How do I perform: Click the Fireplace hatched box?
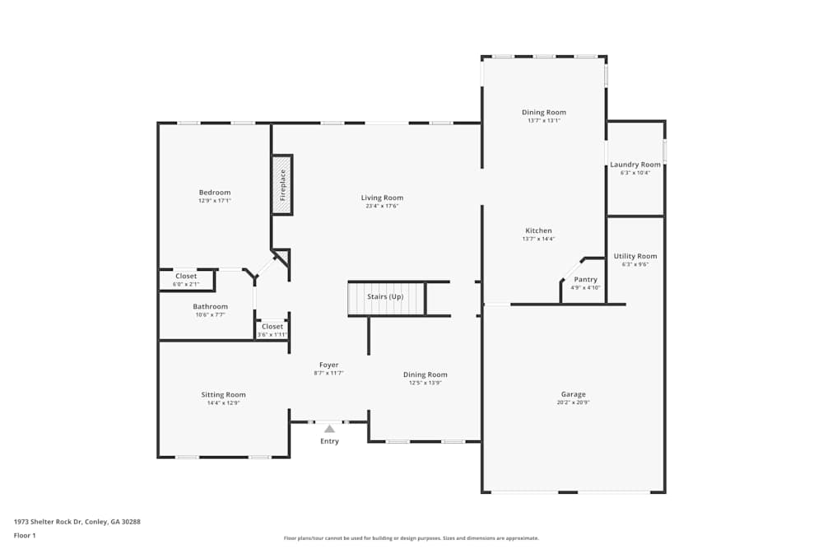[281, 184]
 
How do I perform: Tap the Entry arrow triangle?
[330, 429]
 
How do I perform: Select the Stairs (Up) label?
[385, 296]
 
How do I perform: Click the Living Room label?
[382, 198]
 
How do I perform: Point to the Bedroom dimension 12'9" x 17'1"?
[215, 201]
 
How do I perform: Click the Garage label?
[573, 394]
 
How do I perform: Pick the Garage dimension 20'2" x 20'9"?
[573, 402]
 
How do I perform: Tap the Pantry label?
[586, 280]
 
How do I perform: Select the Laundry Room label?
[635, 165]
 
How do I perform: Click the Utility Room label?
[635, 256]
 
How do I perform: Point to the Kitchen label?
[538, 230]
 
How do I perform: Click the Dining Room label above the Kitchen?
[544, 112]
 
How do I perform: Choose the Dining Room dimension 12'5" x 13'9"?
[425, 383]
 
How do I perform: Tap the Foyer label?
[329, 365]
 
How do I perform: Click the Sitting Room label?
[223, 395]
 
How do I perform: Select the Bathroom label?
[210, 306]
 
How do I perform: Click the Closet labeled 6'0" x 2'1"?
[186, 276]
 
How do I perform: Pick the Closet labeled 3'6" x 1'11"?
[272, 327]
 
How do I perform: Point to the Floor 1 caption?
[25, 535]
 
